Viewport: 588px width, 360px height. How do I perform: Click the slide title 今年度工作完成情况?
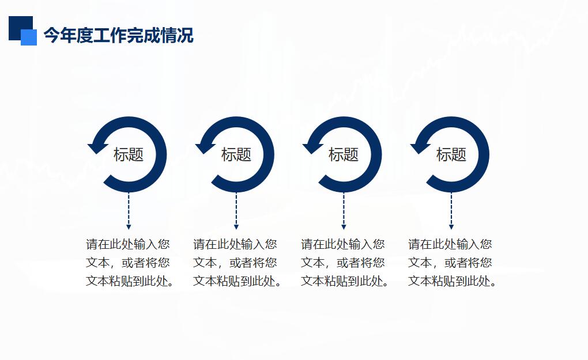point(119,36)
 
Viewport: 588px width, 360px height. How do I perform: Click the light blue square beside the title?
point(29,37)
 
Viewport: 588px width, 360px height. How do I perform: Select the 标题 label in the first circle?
point(128,154)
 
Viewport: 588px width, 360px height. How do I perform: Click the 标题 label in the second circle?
point(236,154)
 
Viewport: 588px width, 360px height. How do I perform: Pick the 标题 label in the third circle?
point(343,154)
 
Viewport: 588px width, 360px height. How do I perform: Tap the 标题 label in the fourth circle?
point(451,154)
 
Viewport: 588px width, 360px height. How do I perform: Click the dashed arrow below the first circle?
point(129,211)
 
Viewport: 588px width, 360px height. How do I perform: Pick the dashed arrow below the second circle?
point(236,211)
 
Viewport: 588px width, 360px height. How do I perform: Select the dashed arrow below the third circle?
point(344,211)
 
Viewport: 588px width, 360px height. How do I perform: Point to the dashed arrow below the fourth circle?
point(451,211)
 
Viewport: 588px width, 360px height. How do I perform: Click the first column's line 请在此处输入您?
point(128,244)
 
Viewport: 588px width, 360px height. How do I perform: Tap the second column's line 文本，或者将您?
point(235,263)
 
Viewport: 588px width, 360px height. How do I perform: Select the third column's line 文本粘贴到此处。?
point(344,281)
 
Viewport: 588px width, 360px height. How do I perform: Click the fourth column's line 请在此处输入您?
point(450,244)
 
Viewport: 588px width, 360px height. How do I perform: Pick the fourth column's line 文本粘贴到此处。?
point(452,281)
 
